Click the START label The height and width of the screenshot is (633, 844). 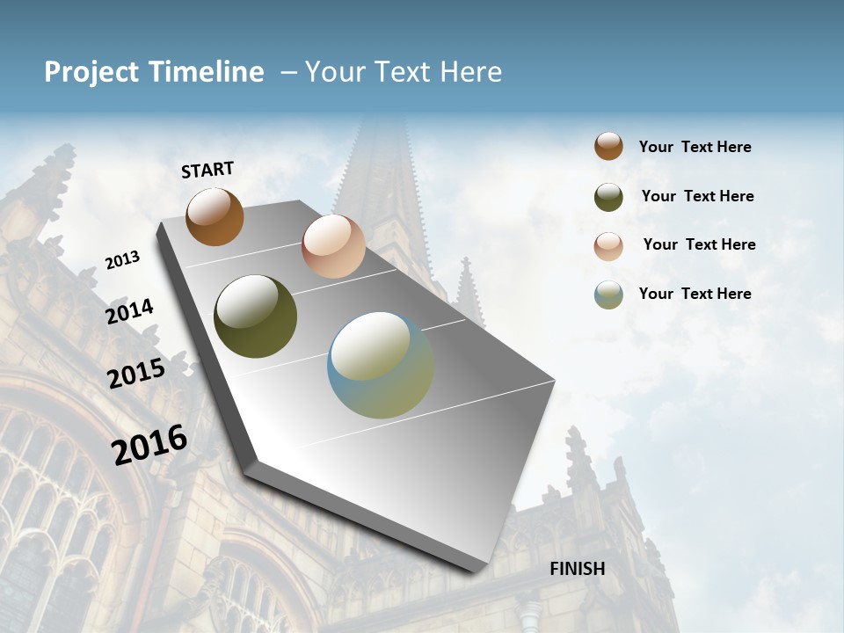click(207, 170)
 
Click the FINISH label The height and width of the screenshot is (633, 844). click(577, 569)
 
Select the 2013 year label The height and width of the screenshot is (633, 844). click(122, 260)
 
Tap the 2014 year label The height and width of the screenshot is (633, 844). click(129, 311)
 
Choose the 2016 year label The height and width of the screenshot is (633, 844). click(149, 445)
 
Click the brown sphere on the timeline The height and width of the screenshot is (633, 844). click(215, 216)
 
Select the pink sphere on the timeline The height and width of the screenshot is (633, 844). click(333, 246)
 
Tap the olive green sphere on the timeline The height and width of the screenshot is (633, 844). click(255, 316)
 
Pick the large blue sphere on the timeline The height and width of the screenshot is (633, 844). click(380, 365)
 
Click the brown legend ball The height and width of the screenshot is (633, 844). click(608, 147)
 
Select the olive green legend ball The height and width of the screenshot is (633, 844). click(608, 197)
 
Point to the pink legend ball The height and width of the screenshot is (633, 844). click(608, 246)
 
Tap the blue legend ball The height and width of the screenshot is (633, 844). click(608, 295)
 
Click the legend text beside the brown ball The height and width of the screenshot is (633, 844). click(695, 147)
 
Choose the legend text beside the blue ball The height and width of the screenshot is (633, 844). click(695, 294)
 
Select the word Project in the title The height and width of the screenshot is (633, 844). click(91, 72)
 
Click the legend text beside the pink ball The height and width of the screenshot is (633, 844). click(699, 244)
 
